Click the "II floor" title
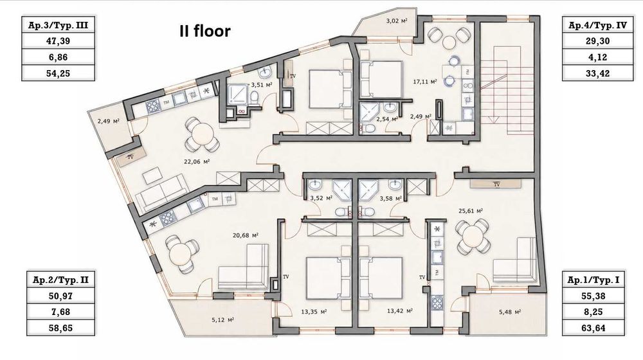[x=204, y=31]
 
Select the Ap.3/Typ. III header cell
[x=59, y=25]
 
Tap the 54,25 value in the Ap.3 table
[x=59, y=73]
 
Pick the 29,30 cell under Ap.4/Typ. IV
[x=597, y=41]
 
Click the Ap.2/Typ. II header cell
[x=60, y=280]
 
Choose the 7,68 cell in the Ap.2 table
[x=60, y=312]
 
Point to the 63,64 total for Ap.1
[x=593, y=328]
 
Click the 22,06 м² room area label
[x=197, y=161]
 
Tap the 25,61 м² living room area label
[x=471, y=211]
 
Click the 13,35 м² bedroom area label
[x=314, y=312]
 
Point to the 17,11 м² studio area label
[x=424, y=82]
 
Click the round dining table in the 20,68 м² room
[x=181, y=254]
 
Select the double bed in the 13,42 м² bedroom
[x=381, y=278]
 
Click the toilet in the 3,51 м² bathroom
[x=254, y=98]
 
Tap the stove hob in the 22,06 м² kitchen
[x=152, y=106]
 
